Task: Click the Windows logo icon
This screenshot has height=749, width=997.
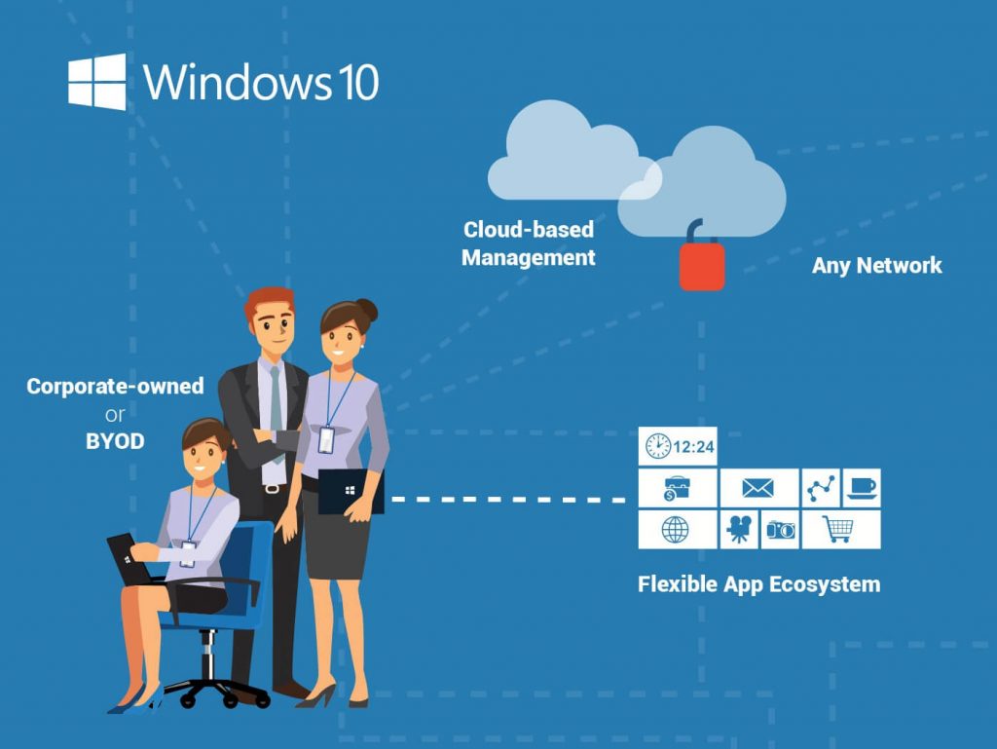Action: coord(97,82)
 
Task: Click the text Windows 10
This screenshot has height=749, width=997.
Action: coord(261,82)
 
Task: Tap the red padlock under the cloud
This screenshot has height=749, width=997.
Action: coord(702,265)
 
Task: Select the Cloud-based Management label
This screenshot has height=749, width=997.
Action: coord(529,244)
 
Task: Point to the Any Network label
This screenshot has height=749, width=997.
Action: coord(877,265)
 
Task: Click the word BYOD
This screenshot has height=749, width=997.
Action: coord(115,441)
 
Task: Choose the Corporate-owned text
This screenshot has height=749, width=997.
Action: coord(115,387)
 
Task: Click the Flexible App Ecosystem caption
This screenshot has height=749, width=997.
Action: coord(758,584)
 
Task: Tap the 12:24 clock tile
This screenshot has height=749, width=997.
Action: coord(679,446)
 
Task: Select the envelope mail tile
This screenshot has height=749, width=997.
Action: coord(757,488)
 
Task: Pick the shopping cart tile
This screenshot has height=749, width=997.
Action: coord(839,529)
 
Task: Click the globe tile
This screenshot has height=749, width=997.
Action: coord(676,529)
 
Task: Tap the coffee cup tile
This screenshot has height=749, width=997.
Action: coord(861,487)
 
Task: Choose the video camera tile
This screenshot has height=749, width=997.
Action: coord(738,529)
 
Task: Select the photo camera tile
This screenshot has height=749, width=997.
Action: coord(780,529)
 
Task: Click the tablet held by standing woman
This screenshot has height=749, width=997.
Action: coord(351,492)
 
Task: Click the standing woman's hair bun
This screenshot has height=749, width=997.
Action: coord(366,311)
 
